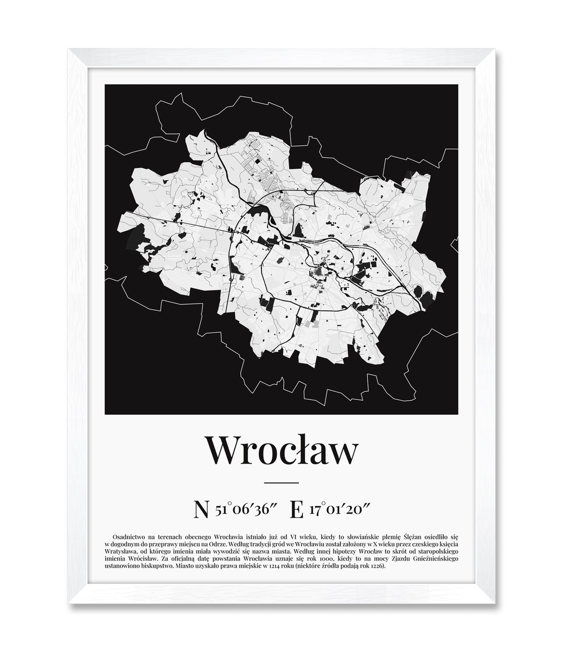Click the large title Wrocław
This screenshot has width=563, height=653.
(281, 450)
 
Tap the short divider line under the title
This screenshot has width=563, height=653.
(281, 483)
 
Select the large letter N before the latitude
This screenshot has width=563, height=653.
(201, 510)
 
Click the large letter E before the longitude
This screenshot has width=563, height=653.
(297, 510)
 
